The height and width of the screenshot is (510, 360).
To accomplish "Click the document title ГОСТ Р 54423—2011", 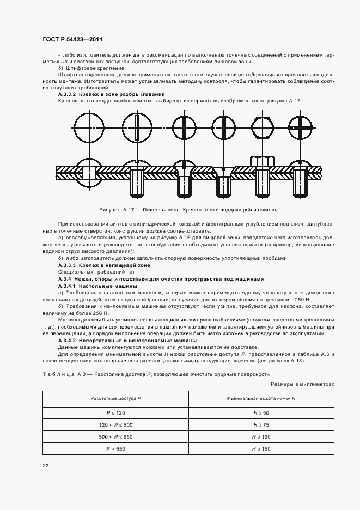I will point(72,39).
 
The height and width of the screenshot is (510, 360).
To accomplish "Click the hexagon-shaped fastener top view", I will point(263,127).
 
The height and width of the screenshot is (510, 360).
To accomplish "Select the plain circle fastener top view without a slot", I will point(88,127).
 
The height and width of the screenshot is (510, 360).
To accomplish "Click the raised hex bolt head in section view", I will point(263,161).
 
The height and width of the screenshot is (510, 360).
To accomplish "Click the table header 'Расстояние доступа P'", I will point(115,399).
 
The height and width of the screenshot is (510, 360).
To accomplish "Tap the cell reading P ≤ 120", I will point(115,414).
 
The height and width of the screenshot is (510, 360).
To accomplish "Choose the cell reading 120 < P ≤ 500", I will point(115,425).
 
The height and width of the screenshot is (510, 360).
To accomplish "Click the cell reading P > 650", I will point(115,448).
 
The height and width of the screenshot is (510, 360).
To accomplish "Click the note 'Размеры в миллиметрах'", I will point(305,384).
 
